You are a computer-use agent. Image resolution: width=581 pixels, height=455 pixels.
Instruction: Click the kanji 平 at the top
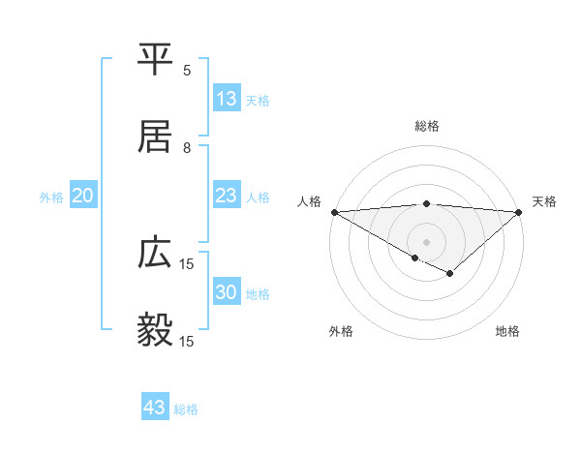click(156, 57)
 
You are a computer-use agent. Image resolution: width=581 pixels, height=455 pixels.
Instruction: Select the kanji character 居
click(156, 135)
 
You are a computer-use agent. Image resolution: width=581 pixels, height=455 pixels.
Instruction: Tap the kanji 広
click(156, 253)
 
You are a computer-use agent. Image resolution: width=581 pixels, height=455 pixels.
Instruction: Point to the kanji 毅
click(156, 330)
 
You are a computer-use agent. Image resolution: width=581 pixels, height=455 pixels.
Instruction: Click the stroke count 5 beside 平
click(187, 70)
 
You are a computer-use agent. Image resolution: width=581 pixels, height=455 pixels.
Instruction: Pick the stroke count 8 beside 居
click(187, 147)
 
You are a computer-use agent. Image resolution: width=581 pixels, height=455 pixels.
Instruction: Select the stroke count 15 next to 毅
click(187, 341)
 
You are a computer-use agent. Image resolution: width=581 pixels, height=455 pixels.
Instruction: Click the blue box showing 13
click(227, 99)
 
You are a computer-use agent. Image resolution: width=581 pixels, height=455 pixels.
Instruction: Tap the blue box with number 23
click(227, 196)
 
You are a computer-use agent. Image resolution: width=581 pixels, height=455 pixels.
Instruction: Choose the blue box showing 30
click(227, 292)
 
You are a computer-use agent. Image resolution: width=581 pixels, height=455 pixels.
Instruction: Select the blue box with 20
click(83, 196)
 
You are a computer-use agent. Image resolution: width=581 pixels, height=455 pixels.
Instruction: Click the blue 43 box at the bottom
click(155, 408)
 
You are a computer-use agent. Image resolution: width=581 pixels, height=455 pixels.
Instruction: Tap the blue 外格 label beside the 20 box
click(51, 197)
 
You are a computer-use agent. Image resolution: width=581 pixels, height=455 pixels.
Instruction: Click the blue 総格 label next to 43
click(186, 409)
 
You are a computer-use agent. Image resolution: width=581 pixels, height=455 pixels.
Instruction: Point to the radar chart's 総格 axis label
click(426, 126)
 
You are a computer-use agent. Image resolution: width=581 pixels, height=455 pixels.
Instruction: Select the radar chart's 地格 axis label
click(507, 331)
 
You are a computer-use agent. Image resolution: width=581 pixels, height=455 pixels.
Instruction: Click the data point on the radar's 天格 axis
click(519, 212)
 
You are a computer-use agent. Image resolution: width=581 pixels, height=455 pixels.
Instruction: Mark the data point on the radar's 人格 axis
click(333, 212)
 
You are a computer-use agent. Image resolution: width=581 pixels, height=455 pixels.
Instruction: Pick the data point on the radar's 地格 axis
click(449, 274)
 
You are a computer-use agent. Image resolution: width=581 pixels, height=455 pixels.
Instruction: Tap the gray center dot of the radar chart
click(426, 241)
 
